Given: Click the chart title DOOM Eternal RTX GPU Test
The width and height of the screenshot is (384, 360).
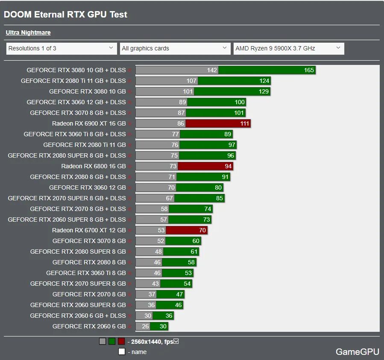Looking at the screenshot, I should pos(65,14).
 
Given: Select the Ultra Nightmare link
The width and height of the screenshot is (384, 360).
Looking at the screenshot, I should pos(28,32).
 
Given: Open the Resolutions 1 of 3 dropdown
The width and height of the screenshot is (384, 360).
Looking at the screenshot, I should pos(62,48).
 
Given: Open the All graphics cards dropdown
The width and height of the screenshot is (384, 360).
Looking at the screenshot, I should pos(175,48).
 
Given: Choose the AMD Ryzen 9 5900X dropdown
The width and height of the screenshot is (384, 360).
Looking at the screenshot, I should pos(288,48).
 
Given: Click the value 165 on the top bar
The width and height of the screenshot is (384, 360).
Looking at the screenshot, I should pos(309,70).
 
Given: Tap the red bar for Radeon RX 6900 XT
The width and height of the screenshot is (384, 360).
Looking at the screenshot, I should pos(218,123).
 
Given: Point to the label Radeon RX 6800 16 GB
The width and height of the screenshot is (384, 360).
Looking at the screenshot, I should pos(93,166).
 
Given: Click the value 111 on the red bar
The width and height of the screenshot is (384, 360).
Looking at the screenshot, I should pos(244,123).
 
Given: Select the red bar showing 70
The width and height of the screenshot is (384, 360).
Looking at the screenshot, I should pos(186,230).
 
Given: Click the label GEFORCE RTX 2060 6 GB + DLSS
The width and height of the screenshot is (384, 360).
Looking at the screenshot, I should pos(78,316).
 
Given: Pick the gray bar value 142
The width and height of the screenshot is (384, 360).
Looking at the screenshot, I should pos(212,70).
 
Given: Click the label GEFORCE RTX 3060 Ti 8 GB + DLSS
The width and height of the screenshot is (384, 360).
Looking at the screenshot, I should pos(75,134).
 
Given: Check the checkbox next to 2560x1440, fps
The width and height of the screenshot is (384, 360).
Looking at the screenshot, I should pos(176,341).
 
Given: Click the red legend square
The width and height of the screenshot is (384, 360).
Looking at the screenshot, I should pos(121,341).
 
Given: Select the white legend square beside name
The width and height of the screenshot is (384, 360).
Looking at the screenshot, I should pos(122,352).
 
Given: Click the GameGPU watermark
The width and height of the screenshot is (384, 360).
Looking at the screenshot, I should pos(357,352).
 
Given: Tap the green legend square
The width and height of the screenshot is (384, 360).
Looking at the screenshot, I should pos(112,341).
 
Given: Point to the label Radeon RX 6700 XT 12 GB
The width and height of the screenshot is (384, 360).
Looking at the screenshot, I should pos(89,230).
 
